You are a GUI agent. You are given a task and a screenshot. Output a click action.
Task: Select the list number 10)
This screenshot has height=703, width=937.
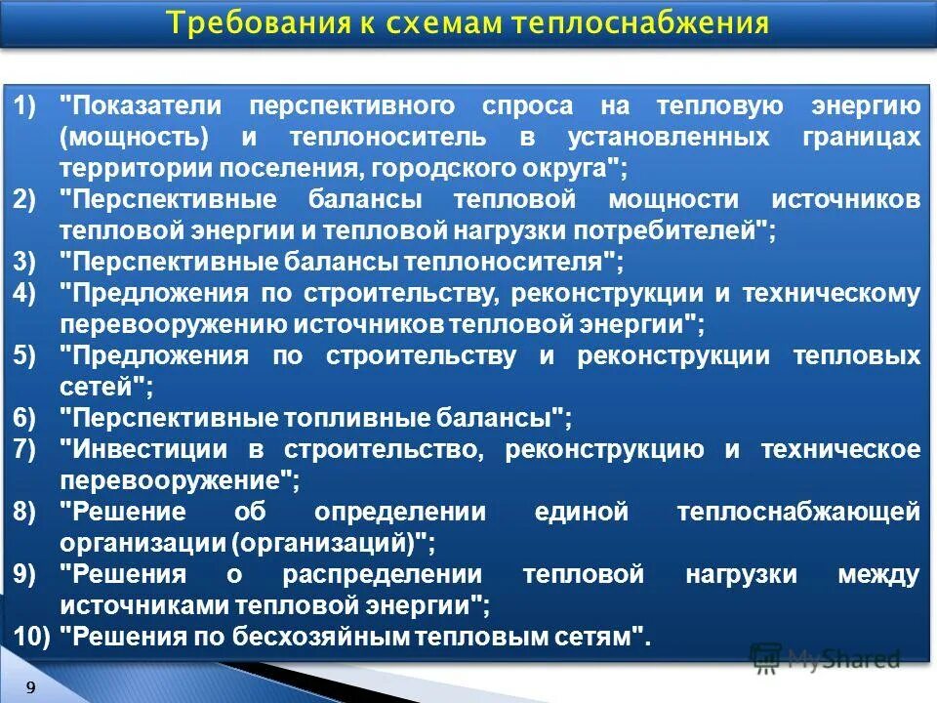tap(32, 637)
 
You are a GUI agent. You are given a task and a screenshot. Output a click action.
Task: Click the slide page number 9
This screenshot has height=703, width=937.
tap(31, 687)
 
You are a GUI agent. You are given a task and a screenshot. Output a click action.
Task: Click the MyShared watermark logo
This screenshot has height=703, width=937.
tap(826, 658)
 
